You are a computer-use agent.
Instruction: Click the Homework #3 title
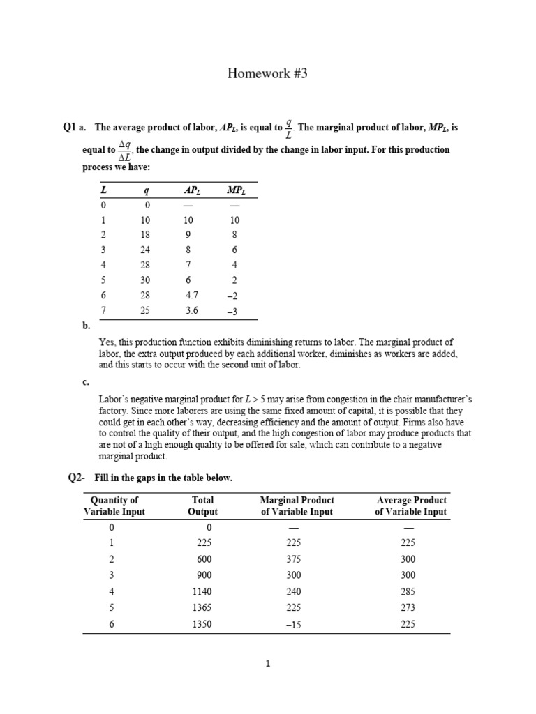click(x=267, y=75)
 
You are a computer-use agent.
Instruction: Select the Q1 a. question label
click(x=74, y=128)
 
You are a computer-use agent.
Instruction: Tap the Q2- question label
click(x=75, y=478)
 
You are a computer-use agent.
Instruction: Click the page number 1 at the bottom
click(x=267, y=664)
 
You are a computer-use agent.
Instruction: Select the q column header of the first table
click(x=146, y=190)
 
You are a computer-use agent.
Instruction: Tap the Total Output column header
click(x=202, y=506)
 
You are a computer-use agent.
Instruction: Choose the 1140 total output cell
click(x=202, y=591)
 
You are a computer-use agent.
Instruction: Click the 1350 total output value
click(x=202, y=625)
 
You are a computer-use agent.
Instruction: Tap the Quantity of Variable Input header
click(x=114, y=506)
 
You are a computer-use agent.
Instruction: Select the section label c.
click(x=85, y=381)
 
